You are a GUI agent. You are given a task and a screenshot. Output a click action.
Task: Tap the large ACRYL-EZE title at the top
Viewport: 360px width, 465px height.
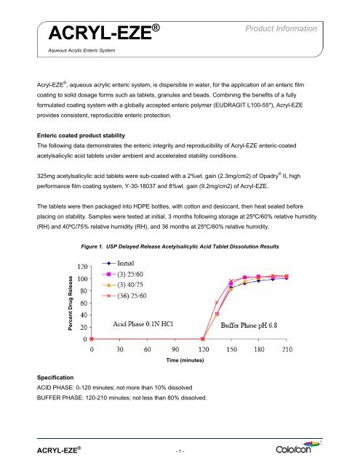coord(100,33)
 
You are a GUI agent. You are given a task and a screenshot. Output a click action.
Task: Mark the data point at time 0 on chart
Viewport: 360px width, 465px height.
coord(91,339)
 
